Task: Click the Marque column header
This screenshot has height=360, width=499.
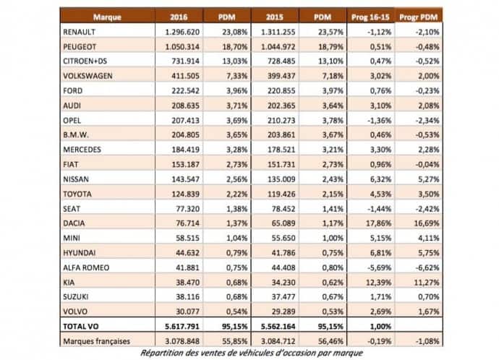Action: coord(106,16)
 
